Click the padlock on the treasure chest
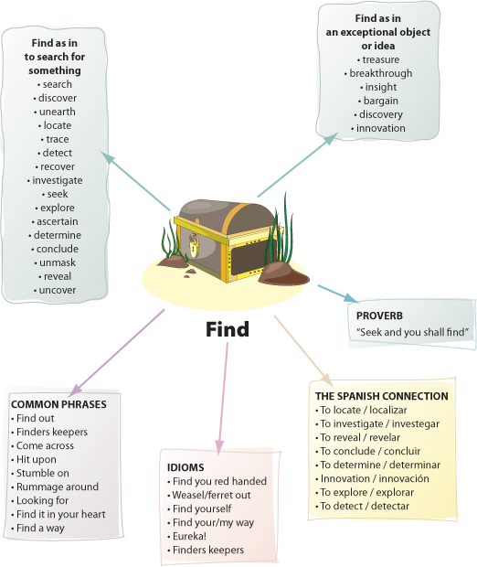pos(194,245)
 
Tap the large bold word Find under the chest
pos(228,329)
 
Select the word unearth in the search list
pos(58,112)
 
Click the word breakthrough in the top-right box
pos(380,73)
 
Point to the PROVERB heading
pos(379,316)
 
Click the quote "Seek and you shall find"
pos(413,332)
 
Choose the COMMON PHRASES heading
pos(58,404)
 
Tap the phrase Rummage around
pos(58,487)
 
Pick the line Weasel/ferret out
pos(211,495)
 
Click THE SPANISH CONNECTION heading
pos(382,396)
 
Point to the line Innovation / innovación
pos(375,479)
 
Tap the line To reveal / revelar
pos(360,437)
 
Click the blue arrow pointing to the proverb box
pos(338,294)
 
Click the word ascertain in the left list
pos(57,221)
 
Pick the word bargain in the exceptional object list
pos(380,101)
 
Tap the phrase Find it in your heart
pos(60,514)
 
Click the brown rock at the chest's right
pos(283,273)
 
